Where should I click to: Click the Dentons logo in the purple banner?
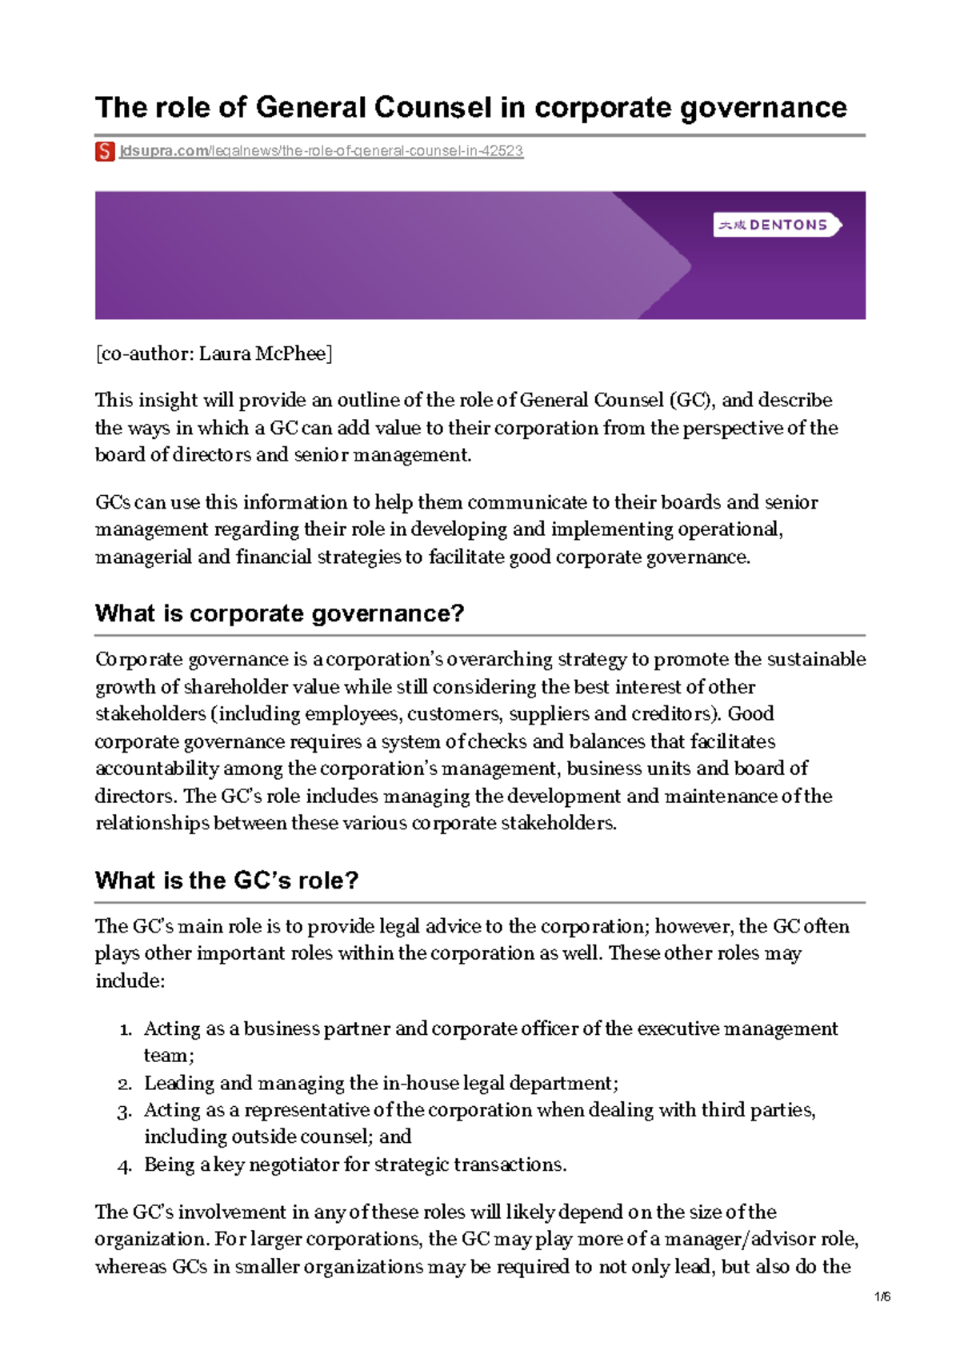[x=776, y=225]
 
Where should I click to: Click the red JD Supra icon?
[x=105, y=151]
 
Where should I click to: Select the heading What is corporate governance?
[x=279, y=613]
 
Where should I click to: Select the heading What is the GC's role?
[x=226, y=881]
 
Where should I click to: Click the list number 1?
[x=125, y=1029]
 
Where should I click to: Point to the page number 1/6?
[x=882, y=1296]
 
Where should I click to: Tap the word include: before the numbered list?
[x=130, y=981]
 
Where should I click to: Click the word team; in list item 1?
[x=169, y=1056]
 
